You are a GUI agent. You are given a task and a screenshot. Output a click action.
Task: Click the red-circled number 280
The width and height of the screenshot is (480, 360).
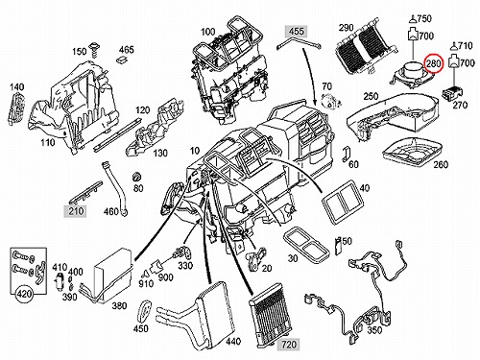point(433,63)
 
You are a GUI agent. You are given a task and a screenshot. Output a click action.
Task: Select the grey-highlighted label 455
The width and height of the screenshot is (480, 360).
point(297,32)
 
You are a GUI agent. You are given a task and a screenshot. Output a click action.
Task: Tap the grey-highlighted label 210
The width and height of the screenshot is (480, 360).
point(76,211)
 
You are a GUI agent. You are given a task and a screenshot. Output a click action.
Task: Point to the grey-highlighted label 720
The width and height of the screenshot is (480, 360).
point(289,345)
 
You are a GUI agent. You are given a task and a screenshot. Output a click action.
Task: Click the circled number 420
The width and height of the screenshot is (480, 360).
point(25,293)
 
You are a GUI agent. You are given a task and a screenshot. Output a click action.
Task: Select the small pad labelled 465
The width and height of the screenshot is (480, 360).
point(122,60)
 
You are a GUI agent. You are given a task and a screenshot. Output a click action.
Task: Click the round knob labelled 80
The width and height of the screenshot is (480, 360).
point(136,177)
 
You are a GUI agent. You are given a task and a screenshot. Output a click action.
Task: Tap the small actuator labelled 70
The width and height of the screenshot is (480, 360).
point(328,101)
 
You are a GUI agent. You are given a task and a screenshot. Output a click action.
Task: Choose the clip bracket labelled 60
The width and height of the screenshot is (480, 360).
point(346,154)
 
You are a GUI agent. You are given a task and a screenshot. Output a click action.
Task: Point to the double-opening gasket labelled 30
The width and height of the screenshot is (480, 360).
point(306,244)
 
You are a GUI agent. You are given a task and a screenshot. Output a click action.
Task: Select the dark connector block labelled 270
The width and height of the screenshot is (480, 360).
point(452,92)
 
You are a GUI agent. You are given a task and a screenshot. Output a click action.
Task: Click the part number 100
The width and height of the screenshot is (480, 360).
point(208,32)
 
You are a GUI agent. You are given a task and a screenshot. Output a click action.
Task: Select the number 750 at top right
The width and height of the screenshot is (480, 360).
point(424,19)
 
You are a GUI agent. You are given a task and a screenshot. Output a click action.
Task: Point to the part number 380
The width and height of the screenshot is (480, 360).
point(119,306)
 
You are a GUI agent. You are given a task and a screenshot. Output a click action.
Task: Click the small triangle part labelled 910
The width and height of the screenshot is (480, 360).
point(145,274)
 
